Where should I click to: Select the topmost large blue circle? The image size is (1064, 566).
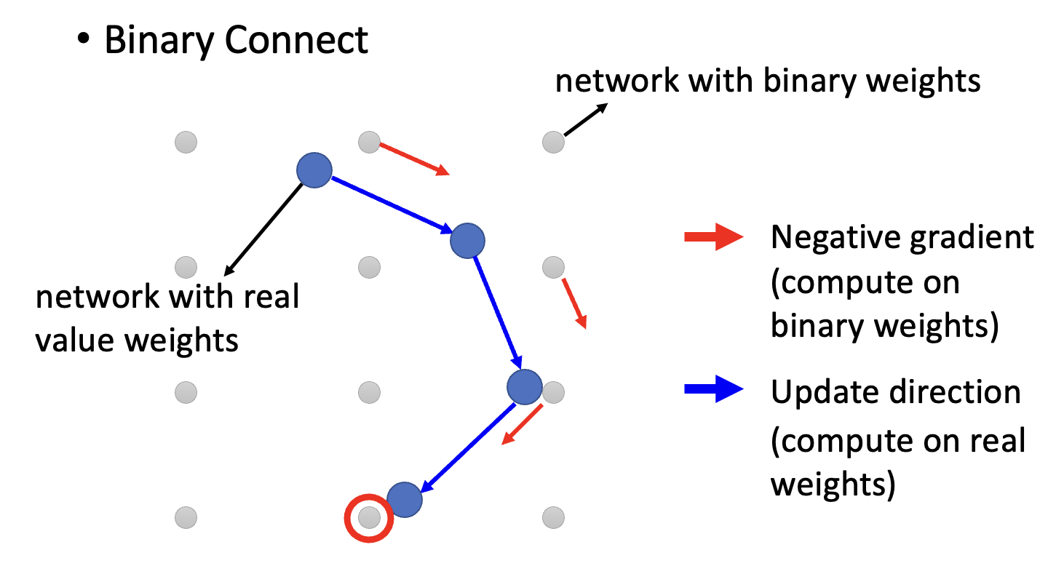(x=314, y=170)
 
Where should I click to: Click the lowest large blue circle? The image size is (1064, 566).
(x=405, y=499)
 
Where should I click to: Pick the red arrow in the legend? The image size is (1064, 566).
(x=712, y=237)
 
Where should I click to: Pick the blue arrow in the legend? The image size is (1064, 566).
(x=712, y=391)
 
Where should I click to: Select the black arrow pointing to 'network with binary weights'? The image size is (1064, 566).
(x=585, y=119)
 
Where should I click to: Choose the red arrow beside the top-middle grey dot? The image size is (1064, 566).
(x=413, y=159)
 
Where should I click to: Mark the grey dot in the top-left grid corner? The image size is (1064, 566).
(x=186, y=142)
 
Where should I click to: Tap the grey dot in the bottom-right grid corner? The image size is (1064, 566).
(x=554, y=517)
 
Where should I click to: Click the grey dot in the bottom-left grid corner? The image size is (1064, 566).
(x=186, y=517)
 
